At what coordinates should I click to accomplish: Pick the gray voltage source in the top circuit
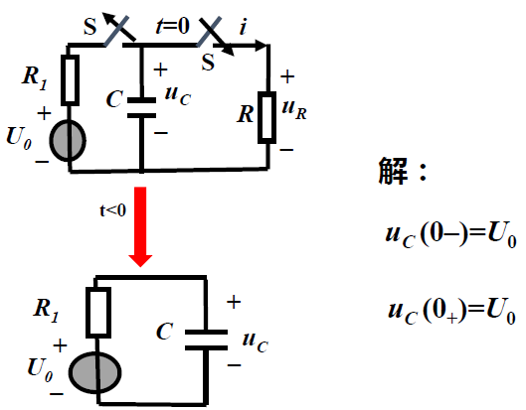click(x=70, y=141)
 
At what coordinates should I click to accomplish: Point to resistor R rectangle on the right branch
click(x=266, y=117)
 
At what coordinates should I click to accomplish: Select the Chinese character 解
click(x=392, y=171)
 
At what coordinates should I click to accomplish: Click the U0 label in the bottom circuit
click(x=42, y=367)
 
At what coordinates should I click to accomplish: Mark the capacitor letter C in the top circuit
click(x=115, y=99)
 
